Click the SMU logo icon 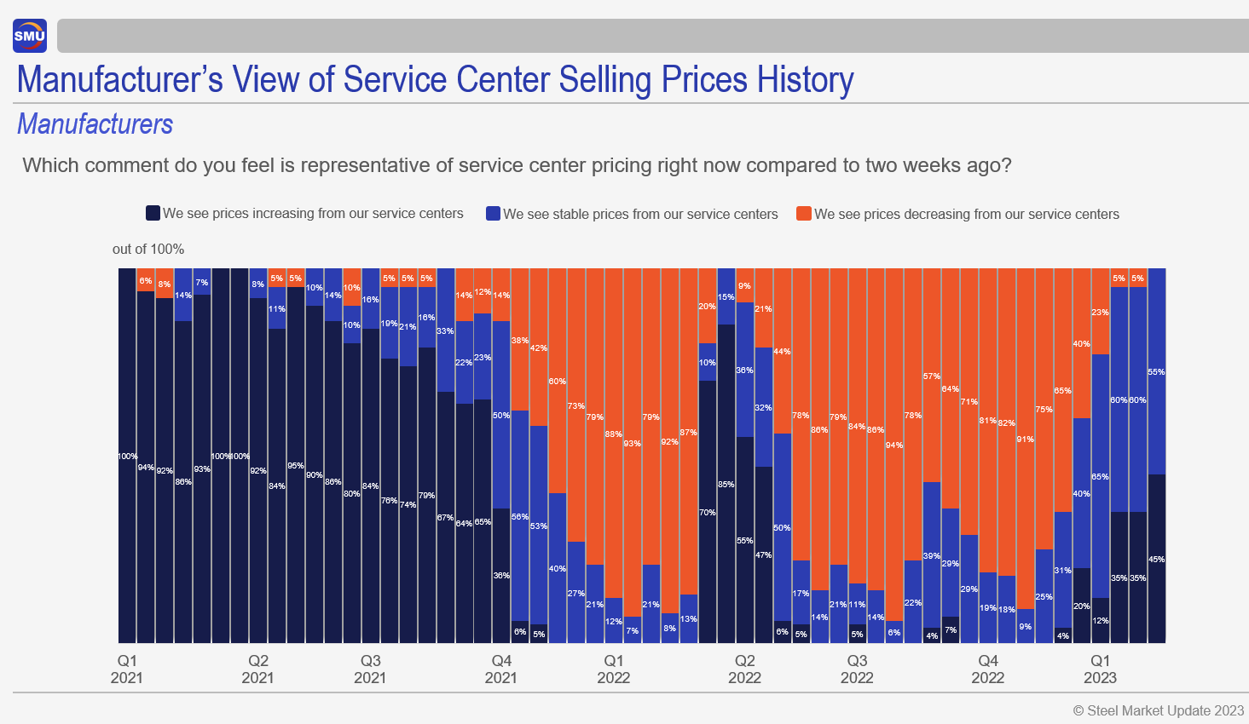point(30,36)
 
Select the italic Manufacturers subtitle point(95,124)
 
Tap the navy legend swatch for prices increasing point(153,213)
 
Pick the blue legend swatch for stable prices point(493,214)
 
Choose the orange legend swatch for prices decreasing point(803,214)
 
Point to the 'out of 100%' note point(148,249)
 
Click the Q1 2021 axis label point(127,669)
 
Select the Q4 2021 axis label point(501,669)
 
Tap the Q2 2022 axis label point(744,669)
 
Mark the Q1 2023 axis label point(1100,669)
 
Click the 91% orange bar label point(1025,440)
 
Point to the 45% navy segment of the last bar point(1156,560)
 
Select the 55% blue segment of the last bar point(1156,372)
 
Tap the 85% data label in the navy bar point(726,485)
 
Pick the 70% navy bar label point(707,513)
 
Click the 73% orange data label point(575,406)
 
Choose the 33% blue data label point(445,331)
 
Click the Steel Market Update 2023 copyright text point(1159,710)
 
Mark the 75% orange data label point(1044,410)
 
